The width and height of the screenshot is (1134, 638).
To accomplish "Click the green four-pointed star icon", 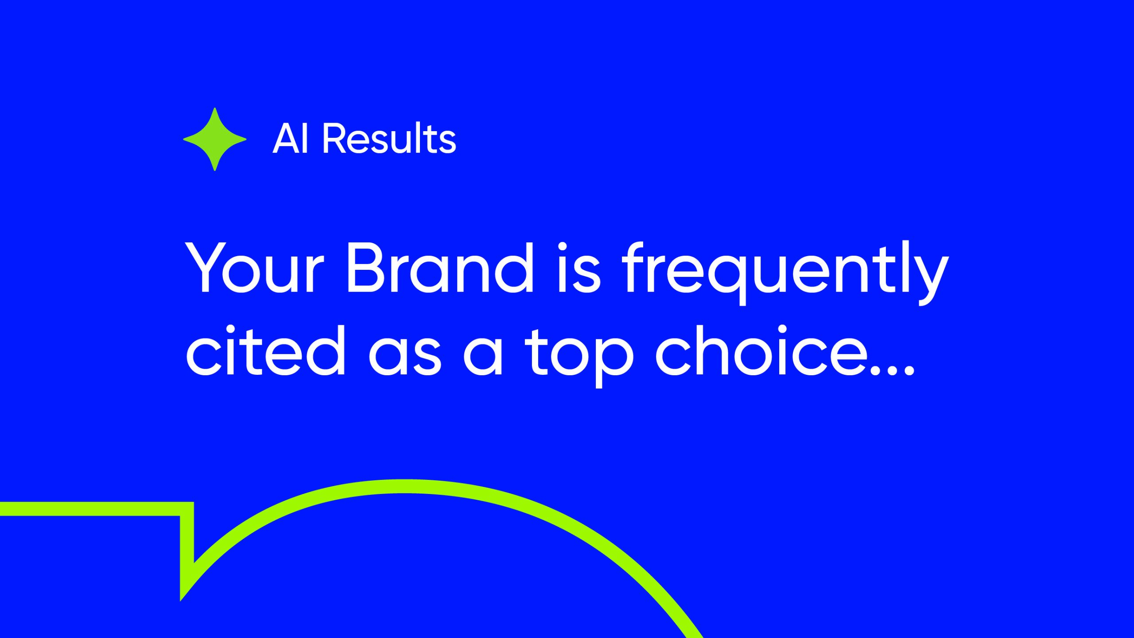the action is coord(215,139).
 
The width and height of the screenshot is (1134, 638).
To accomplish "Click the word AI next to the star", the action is coord(290,139).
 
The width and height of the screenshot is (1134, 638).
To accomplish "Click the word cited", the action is coord(265,350).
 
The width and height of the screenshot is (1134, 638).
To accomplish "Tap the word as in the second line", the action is coord(405,356).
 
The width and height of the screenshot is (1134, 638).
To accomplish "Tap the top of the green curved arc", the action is coord(404,486).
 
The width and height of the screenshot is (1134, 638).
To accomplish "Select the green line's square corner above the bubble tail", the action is coord(193,502).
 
